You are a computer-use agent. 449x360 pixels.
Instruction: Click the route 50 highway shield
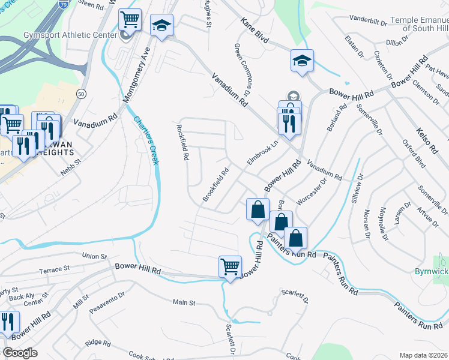pyautogui.click(x=81, y=94)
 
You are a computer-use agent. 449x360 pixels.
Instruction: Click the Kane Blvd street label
pyautogui.click(x=255, y=31)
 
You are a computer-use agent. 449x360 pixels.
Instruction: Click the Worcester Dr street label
pyautogui.click(x=311, y=193)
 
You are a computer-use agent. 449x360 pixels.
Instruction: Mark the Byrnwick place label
pyautogui.click(x=432, y=272)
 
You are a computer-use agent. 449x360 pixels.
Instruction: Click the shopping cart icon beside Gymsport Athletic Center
pyautogui.click(x=130, y=21)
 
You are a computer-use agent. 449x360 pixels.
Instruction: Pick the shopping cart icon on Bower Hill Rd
pyautogui.click(x=231, y=266)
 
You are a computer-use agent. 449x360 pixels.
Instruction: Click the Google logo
pyautogui.click(x=20, y=353)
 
